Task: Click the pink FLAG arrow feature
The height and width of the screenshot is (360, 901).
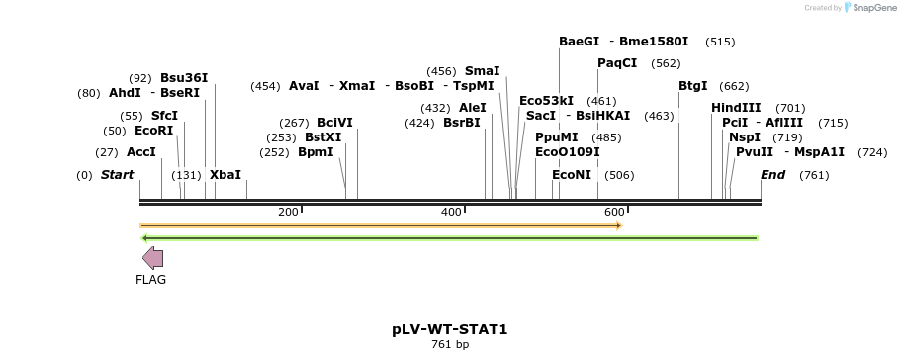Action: pyautogui.click(x=152, y=258)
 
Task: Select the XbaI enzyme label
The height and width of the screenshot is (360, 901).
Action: pyautogui.click(x=225, y=175)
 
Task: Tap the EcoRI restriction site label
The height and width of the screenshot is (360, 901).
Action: pyautogui.click(x=153, y=131)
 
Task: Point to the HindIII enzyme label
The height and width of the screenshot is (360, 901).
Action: pyautogui.click(x=736, y=108)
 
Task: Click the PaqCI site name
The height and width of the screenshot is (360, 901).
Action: pyautogui.click(x=617, y=63)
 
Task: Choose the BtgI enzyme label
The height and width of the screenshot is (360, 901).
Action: pyautogui.click(x=692, y=86)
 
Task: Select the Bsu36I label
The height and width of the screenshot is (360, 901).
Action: pyautogui.click(x=184, y=78)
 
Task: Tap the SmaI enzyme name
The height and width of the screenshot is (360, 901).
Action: pyautogui.click(x=482, y=71)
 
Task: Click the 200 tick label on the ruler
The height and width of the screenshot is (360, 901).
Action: pyautogui.click(x=288, y=212)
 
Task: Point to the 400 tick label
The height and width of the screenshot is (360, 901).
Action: pyautogui.click(x=451, y=212)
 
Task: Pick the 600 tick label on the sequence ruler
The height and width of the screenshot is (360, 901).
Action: pyautogui.click(x=613, y=212)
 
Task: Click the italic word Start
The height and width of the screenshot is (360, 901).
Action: pyautogui.click(x=117, y=175)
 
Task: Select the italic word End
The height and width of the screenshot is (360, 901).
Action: pyautogui.click(x=773, y=175)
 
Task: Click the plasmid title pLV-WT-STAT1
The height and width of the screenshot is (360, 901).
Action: pyautogui.click(x=450, y=329)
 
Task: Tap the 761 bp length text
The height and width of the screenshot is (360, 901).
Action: pyautogui.click(x=450, y=345)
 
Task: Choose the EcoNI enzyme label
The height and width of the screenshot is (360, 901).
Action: pyautogui.click(x=572, y=175)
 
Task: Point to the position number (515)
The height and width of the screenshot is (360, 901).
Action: pyautogui.click(x=720, y=42)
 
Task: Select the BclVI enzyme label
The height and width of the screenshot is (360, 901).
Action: pyautogui.click(x=335, y=123)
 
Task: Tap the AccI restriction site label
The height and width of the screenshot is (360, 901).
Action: pyautogui.click(x=141, y=152)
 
